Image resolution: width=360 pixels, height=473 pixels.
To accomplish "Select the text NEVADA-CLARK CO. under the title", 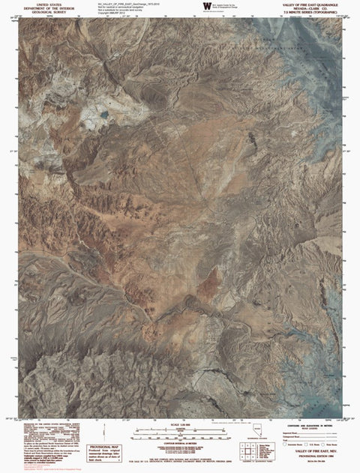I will tap(310, 8).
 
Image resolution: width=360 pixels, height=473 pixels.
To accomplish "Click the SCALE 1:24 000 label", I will tap(181, 425).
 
